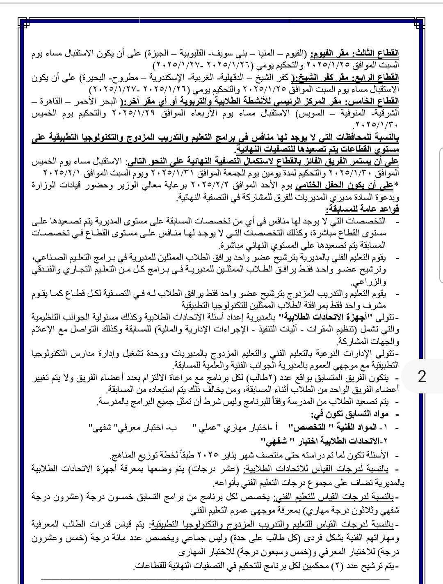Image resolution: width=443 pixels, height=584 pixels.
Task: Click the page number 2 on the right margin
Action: pyautogui.click(x=422, y=376)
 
